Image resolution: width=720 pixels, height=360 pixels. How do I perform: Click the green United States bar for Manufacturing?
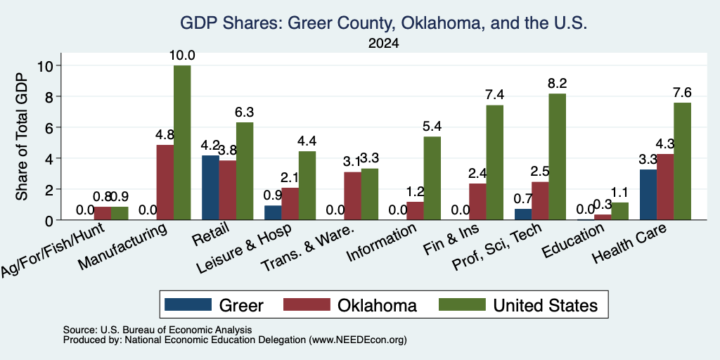[x=182, y=143]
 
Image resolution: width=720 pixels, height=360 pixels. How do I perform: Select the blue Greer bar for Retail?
[x=210, y=188]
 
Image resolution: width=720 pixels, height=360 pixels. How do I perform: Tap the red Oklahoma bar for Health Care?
[x=665, y=187]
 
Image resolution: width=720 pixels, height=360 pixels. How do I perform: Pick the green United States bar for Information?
[x=432, y=178]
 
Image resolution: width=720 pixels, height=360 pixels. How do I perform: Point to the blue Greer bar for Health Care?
[x=648, y=195]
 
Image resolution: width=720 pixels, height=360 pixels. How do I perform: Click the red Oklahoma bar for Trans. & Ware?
[x=353, y=196]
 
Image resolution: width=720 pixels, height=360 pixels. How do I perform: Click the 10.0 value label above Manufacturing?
[x=182, y=56]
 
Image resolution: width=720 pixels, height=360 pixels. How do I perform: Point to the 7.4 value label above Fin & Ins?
[x=494, y=95]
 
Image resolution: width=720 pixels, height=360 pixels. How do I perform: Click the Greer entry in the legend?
[x=214, y=305]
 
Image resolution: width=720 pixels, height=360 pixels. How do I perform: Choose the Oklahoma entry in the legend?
[x=350, y=305]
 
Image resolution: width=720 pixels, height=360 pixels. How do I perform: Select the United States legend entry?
[x=518, y=305]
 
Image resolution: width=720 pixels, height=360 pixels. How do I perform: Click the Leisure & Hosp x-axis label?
[x=244, y=248]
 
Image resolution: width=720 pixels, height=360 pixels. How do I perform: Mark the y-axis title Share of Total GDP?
[x=22, y=136]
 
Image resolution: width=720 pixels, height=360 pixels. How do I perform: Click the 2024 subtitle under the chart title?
[x=383, y=44]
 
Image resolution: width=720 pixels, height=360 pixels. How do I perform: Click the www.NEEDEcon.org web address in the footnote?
[x=358, y=340]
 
